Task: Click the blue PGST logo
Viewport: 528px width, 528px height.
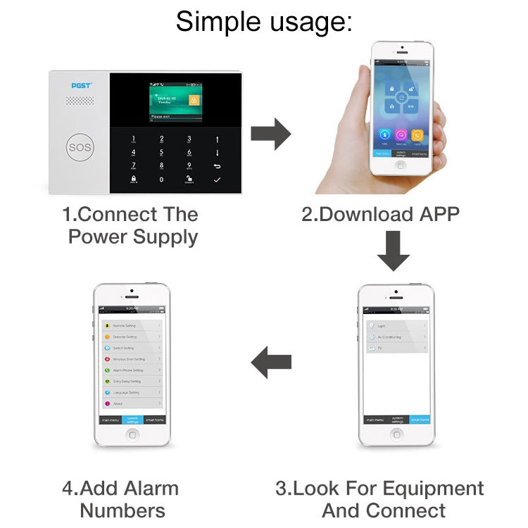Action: pos(82,85)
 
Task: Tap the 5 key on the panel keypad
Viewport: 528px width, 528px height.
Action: pos(161,151)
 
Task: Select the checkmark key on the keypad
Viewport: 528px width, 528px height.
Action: pos(217,180)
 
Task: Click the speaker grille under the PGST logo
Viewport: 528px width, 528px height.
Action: pos(80,101)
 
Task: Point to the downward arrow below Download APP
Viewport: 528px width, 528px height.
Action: pos(393,253)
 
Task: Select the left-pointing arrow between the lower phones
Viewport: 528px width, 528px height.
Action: pos(272,363)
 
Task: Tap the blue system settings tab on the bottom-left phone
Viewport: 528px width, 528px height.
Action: pos(132,420)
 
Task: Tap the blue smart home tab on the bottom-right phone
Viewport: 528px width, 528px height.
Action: pos(419,420)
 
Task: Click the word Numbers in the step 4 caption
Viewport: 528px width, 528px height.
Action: pos(123,510)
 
